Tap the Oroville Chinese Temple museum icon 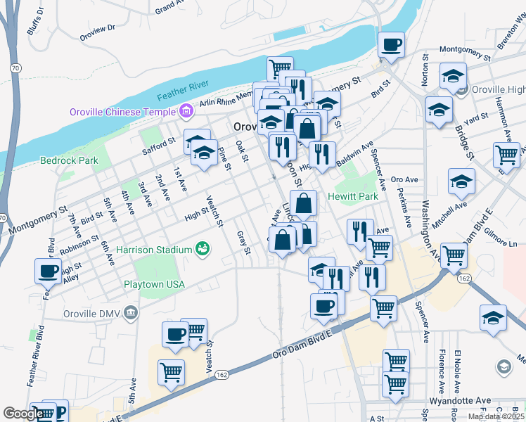(x=186, y=110)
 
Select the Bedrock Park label (x=69, y=160)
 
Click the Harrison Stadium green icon (x=203, y=249)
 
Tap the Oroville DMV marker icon (x=130, y=312)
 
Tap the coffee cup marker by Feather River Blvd (x=49, y=271)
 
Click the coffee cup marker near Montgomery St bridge (x=392, y=45)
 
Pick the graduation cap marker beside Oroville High (x=454, y=75)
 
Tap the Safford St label (x=159, y=145)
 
